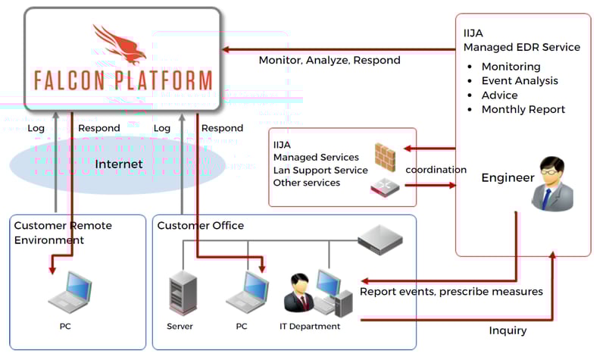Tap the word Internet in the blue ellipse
point(119,164)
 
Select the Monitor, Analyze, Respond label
point(330,60)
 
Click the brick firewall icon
point(386,155)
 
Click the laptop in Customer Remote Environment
point(70,294)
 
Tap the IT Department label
point(310,327)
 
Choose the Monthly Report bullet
point(523,109)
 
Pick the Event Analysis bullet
point(520,80)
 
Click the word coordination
point(436,170)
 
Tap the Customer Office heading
point(201,226)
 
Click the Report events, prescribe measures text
point(451,292)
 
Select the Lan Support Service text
point(320,170)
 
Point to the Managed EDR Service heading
point(521,47)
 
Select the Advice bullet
point(500,95)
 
